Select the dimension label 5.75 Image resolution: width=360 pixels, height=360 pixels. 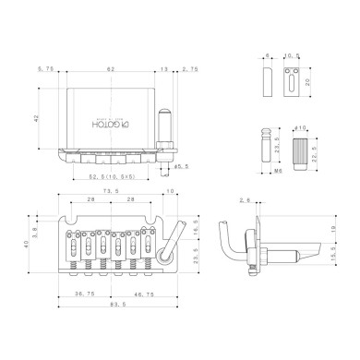pos(43,68)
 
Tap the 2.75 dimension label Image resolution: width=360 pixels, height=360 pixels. pos(190,68)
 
